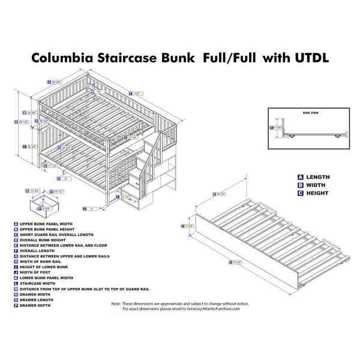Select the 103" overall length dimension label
[136, 93]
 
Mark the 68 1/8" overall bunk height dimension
[23, 122]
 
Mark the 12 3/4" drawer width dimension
[35, 191]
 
